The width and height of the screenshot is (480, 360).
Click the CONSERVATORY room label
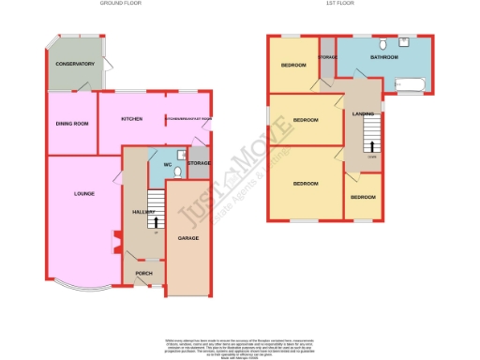click(76, 64)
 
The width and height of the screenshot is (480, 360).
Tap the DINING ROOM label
click(72, 123)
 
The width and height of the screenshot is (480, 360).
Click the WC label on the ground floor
click(168, 165)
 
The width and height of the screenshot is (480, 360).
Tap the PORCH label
click(143, 274)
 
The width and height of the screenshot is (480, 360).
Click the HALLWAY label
click(142, 213)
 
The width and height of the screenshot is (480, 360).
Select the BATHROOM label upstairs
click(383, 58)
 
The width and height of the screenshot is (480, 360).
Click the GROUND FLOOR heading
click(121, 4)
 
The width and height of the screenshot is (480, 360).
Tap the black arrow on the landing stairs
click(372, 146)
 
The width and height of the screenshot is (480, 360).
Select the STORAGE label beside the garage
click(198, 164)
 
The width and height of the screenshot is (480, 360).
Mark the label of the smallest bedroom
click(363, 198)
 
